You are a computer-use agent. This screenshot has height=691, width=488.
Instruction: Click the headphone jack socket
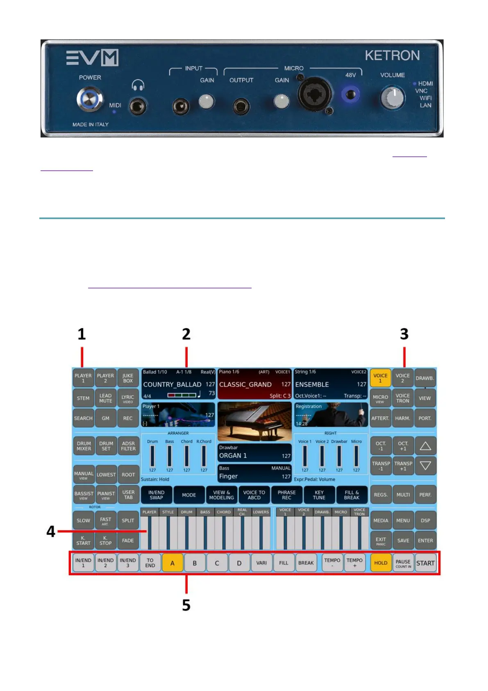137,107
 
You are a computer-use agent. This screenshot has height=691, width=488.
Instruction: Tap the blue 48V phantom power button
350,95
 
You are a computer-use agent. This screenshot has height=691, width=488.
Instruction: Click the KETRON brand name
392,55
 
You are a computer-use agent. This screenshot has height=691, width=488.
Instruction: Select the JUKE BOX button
128,378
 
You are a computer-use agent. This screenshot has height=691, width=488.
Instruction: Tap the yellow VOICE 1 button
380,378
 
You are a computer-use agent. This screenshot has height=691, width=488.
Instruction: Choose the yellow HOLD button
381,563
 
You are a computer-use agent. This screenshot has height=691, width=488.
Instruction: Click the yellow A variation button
172,563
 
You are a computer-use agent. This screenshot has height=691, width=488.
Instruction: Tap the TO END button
150,563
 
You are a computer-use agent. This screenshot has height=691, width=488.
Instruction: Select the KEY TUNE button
319,495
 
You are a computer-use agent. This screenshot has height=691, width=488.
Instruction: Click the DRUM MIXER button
84,446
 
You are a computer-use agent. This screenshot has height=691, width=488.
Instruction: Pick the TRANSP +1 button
403,466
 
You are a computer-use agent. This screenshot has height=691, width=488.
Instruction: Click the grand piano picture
254,421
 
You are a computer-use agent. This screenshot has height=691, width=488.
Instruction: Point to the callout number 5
186,605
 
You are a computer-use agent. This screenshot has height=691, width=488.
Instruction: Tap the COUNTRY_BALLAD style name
172,384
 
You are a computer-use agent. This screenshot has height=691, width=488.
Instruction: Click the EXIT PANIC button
381,541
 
